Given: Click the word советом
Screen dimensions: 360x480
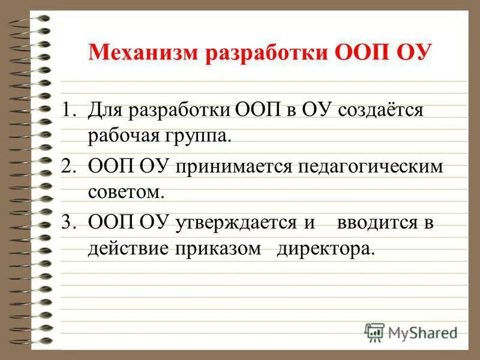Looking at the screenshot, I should [125, 193].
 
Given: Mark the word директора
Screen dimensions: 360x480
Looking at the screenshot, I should [325, 248].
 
